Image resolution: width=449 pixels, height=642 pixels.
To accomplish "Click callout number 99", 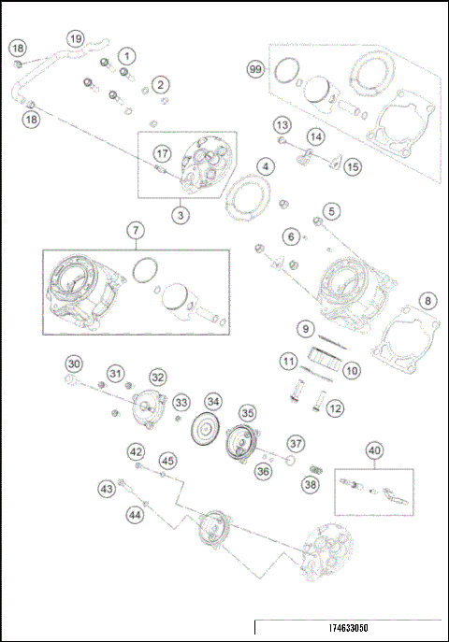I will pos(254,70).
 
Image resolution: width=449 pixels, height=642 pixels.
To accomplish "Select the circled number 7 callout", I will pos(136,230).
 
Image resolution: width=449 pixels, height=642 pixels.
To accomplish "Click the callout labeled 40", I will pos(374,450).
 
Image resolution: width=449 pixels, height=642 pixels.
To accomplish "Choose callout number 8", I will pos(427,301).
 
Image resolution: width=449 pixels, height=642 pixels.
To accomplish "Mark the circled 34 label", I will pos(214,402).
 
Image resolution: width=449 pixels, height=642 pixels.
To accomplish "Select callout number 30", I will pos(74,364).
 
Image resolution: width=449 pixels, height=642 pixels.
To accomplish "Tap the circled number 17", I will pos(163,153).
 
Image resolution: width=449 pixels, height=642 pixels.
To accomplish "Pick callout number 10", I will pos(351,371).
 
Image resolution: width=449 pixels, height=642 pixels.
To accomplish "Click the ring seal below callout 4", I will pos(250,197).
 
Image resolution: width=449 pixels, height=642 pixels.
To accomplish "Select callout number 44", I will pos(136,513).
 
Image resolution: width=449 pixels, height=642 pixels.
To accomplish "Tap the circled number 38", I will pos(311,485).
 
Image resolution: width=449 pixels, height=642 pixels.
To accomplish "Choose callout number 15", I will pos(352,166).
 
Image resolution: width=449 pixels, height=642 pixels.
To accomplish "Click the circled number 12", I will pos(334,407).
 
